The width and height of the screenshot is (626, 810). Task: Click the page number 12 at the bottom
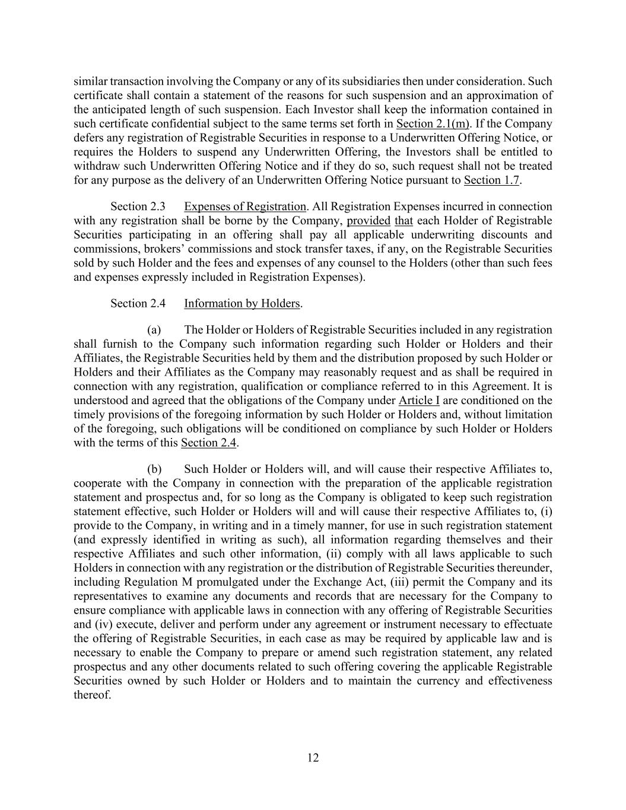click(313, 757)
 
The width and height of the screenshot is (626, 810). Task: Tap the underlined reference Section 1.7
click(491, 180)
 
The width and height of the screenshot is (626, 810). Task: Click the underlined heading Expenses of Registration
click(244, 207)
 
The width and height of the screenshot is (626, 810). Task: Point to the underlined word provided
click(368, 221)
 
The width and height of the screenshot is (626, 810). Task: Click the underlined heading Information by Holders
click(241, 303)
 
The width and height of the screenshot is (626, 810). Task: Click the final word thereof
click(92, 694)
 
